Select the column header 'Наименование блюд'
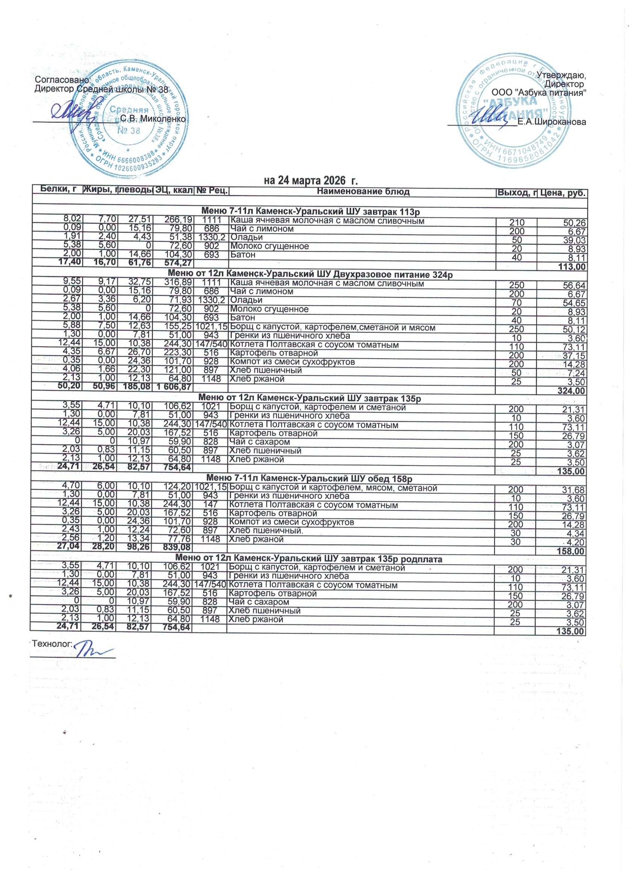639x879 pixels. (x=363, y=191)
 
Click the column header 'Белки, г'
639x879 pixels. (x=58, y=189)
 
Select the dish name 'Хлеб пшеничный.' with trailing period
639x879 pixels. (x=267, y=530)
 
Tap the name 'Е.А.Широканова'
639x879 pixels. (x=552, y=122)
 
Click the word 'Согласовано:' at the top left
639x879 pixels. (x=62, y=79)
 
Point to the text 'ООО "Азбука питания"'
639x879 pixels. (x=539, y=93)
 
